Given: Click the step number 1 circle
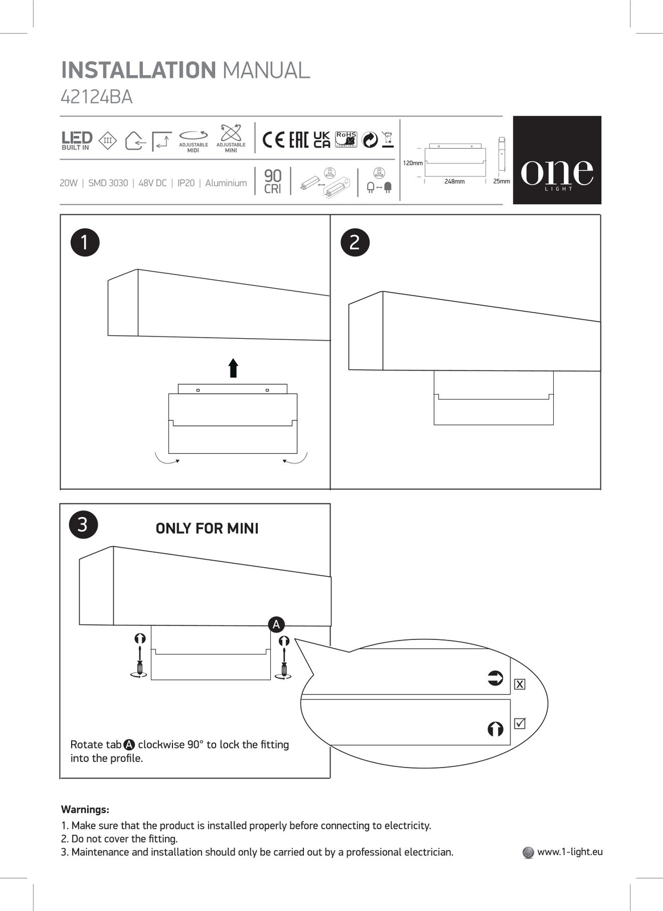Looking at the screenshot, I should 85,242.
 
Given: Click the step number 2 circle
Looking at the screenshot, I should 355,242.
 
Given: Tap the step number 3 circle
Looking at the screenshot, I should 83,524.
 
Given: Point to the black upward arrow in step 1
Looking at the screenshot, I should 233,368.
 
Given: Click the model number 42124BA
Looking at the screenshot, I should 96,97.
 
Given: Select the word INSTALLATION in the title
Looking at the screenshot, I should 138,71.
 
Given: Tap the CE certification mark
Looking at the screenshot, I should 274,139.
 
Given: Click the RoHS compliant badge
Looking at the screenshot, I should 346,139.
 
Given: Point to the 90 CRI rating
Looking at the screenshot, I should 273,182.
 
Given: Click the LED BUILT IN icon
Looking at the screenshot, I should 77,140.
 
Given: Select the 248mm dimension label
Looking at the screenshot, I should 454,182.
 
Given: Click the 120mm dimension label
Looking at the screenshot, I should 413,163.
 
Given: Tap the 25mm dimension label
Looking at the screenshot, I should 501,182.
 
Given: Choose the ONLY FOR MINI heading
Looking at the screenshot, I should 207,528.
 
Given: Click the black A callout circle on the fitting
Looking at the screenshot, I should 276,625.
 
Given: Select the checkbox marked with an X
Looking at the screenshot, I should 520,684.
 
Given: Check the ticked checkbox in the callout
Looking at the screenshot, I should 520,724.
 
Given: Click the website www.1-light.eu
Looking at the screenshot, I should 569,852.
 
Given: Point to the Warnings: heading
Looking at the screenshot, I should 85,810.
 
